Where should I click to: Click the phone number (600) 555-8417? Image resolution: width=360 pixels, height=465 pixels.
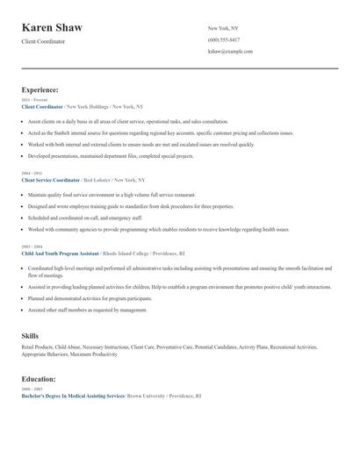click(224, 40)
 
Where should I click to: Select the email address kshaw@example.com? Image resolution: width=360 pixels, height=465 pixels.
click(230, 52)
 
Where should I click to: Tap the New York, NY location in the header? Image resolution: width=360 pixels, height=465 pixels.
click(224, 29)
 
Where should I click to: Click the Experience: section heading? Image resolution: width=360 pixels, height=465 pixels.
click(40, 89)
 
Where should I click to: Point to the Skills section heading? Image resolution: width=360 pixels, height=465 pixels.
click(30, 336)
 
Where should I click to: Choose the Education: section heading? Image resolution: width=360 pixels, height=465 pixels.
click(39, 378)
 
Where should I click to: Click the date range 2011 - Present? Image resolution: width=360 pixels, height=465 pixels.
click(31, 100)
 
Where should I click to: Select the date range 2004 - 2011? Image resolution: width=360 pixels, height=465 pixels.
click(30, 174)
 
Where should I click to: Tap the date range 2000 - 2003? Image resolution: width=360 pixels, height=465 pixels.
click(30, 389)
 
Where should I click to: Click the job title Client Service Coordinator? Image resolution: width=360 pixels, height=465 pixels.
click(51, 179)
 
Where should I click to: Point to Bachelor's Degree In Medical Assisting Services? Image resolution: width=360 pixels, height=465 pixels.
click(73, 396)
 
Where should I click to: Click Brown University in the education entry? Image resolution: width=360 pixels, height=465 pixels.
click(150, 396)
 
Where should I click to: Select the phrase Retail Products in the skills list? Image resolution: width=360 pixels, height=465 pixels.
click(36, 348)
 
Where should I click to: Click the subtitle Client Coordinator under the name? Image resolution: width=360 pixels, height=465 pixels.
click(43, 41)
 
